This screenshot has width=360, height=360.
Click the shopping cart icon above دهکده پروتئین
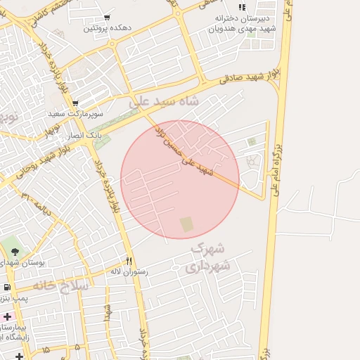coord(107,18)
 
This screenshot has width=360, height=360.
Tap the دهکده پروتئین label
coord(107,29)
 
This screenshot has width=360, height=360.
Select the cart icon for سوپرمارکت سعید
coord(75,102)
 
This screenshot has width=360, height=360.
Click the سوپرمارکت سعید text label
coord(76,113)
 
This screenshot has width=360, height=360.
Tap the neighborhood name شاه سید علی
coord(165,102)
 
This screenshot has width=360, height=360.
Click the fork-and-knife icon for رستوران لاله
coord(129,259)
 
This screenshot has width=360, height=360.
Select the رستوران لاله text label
coord(127,271)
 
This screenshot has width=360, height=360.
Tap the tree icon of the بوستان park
coord(15,251)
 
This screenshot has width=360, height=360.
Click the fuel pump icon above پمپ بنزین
coord(7,288)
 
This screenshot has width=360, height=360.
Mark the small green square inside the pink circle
coord(186,224)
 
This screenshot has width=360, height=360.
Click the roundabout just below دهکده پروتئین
coord(112,43)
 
